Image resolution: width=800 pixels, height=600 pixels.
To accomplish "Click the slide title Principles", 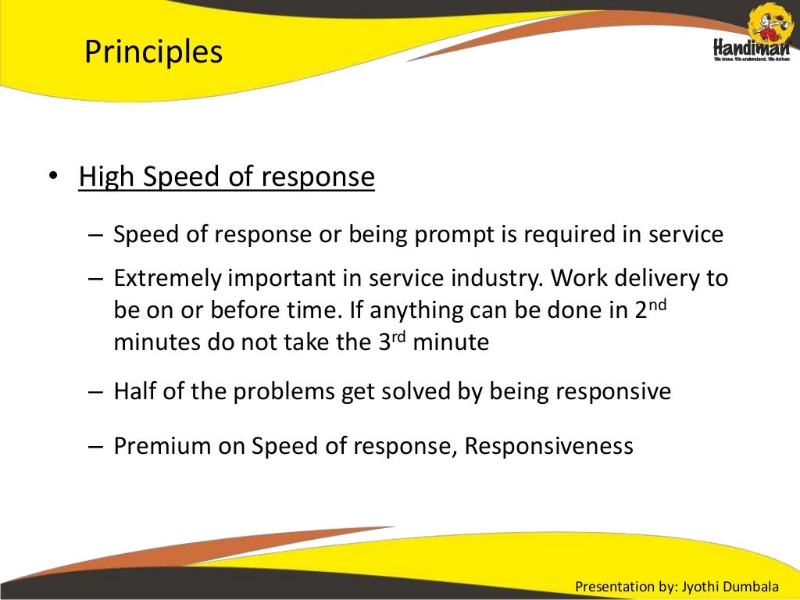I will pos(153,53).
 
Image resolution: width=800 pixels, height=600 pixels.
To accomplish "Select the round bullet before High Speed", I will pos(52,177).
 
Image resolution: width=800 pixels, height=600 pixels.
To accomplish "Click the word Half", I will pos(137,391).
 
